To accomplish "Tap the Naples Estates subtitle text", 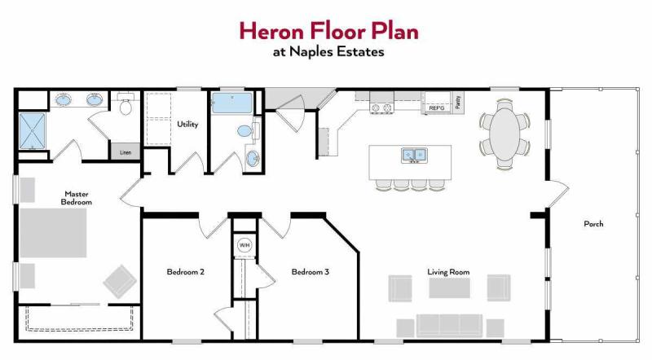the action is click(328, 52).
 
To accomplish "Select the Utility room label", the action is click(187, 124).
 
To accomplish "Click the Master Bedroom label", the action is click(77, 198).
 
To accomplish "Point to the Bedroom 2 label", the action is click(186, 272).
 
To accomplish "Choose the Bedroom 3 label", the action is click(311, 272).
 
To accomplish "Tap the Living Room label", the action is click(449, 272).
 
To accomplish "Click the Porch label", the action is click(593, 224).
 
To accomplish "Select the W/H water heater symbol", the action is click(244, 245).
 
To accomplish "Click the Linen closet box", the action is click(126, 152).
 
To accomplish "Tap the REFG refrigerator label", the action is click(437, 108).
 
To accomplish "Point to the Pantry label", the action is click(458, 103).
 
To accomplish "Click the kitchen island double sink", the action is click(414, 156).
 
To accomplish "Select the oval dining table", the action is click(504, 134).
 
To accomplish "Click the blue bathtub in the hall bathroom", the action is click(232, 103).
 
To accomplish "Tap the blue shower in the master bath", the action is click(32, 131).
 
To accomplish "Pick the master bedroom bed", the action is click(53, 233).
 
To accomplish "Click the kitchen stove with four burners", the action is click(381, 108).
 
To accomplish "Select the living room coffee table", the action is click(450, 288).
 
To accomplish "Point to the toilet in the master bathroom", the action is click(126, 104).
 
